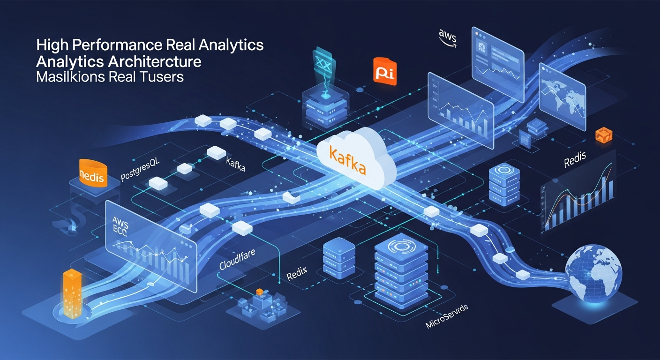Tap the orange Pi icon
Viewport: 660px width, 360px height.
(x=385, y=72)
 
